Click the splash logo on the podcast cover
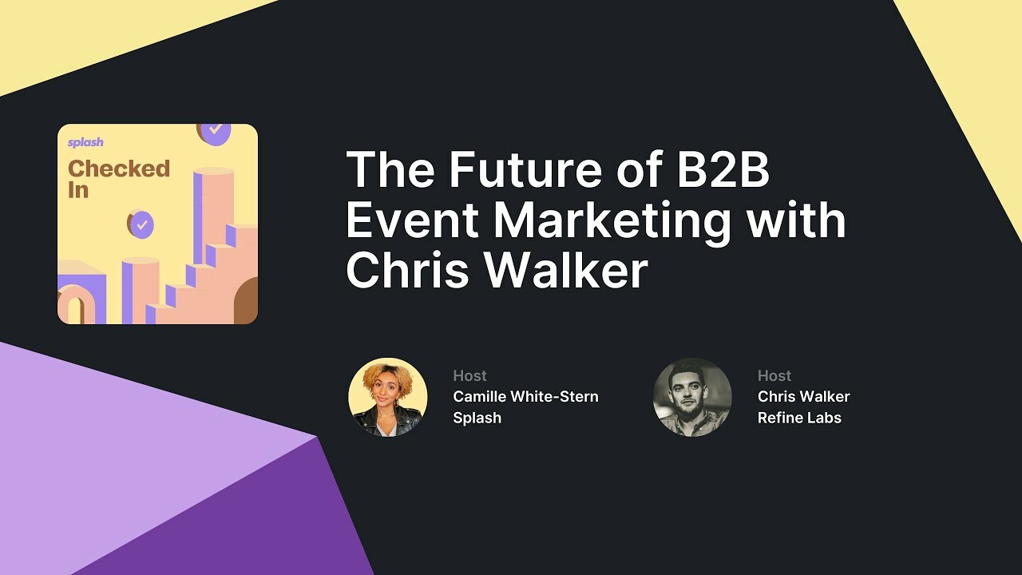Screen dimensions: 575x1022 tap(85, 143)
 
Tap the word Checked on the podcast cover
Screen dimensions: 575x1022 tap(119, 169)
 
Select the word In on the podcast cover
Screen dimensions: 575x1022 tap(77, 190)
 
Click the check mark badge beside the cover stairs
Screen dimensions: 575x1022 tap(141, 224)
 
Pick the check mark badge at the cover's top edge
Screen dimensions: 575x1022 tap(214, 132)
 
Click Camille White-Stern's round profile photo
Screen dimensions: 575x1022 tap(388, 397)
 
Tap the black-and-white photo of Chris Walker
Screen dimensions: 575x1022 tap(692, 397)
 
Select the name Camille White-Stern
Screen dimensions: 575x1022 tap(525, 397)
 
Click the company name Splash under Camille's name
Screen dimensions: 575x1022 tap(477, 418)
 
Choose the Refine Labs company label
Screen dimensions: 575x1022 tap(799, 418)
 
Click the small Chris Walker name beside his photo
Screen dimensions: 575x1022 tap(803, 397)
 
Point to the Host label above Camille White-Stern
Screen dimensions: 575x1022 tap(469, 375)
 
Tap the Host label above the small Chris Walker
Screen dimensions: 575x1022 tap(774, 375)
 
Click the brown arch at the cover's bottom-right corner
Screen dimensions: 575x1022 tap(247, 303)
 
